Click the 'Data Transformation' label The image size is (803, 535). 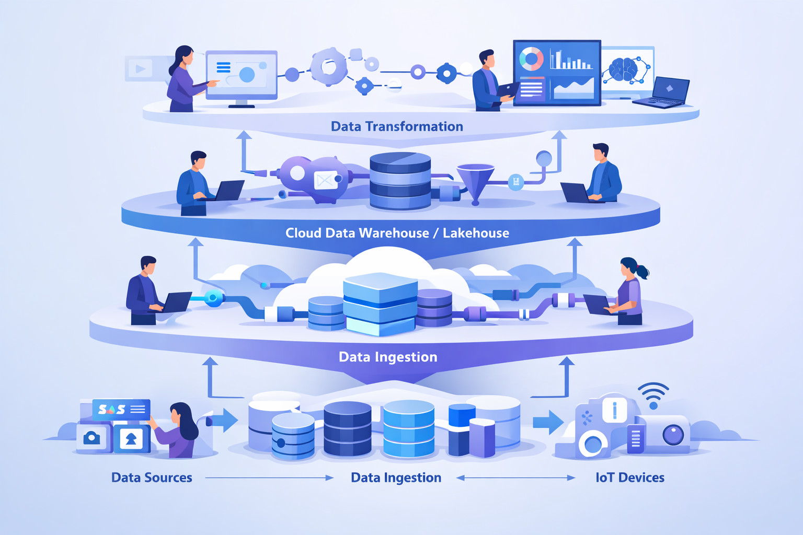397,126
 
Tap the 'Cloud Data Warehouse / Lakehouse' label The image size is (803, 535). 397,233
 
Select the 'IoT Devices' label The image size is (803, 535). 629,478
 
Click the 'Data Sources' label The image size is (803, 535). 152,478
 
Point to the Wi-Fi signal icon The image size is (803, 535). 653,396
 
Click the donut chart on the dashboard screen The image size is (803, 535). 531,59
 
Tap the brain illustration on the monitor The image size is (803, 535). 623,69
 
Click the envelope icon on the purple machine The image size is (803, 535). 325,181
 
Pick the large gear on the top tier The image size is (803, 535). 328,66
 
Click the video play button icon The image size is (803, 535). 140,68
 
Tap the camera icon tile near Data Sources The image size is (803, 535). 92,438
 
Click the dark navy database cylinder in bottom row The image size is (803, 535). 347,428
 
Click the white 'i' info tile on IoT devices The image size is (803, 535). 614,410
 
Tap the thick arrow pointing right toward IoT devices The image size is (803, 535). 547,422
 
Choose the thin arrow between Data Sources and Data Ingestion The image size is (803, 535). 269,478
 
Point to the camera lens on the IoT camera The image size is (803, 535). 673,434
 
